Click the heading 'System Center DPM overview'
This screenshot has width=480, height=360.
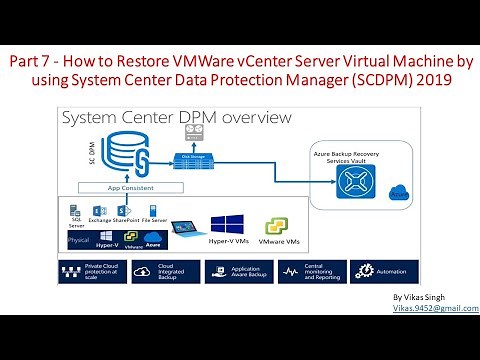click(x=177, y=118)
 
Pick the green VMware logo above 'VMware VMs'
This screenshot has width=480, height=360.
click(x=277, y=224)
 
